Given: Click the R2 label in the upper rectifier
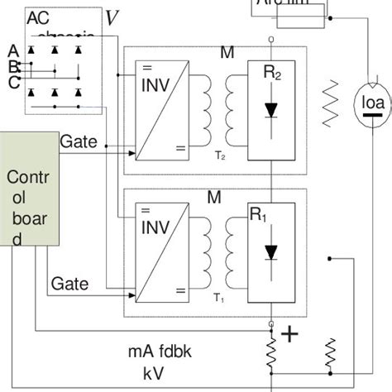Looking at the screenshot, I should click(x=273, y=74).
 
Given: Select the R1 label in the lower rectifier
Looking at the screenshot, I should click(x=260, y=216).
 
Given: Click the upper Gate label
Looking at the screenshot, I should click(x=79, y=141).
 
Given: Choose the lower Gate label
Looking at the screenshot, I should click(x=70, y=284).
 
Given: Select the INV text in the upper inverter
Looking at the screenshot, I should click(x=156, y=85).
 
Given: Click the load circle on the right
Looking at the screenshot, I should click(x=367, y=103).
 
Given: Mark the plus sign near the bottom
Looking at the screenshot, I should click(x=289, y=334).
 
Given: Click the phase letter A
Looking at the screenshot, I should click(x=12, y=51).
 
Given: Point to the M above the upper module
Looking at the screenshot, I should click(x=227, y=54).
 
